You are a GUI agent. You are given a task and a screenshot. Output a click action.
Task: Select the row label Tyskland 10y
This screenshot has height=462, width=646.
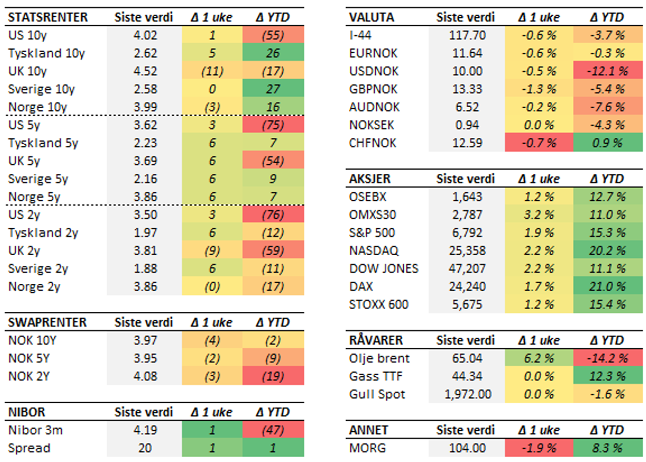click(x=46, y=54)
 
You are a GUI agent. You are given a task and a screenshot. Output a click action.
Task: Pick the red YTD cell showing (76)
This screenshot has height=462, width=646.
click(x=273, y=215)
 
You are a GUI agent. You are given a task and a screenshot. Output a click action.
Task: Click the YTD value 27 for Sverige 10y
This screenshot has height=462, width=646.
click(x=273, y=89)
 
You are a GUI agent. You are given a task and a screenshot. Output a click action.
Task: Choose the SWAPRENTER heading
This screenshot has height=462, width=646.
click(x=47, y=323)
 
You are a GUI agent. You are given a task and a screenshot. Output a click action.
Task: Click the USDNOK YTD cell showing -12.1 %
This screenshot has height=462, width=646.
click(x=606, y=72)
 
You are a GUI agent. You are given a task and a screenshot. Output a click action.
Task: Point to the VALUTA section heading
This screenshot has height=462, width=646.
click(x=371, y=17)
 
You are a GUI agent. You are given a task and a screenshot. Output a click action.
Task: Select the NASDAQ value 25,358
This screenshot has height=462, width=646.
click(x=466, y=251)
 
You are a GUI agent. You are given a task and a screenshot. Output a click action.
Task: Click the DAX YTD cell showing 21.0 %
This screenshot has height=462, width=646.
click(x=606, y=286)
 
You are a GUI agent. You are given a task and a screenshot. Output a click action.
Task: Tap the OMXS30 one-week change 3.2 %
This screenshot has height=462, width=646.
click(x=536, y=215)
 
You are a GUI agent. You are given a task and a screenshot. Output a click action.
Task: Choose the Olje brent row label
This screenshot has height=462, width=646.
click(x=380, y=359)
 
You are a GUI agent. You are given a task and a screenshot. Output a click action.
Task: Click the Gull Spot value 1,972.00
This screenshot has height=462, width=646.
click(x=466, y=394)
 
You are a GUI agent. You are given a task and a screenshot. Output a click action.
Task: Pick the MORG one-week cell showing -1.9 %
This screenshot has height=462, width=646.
click(x=536, y=448)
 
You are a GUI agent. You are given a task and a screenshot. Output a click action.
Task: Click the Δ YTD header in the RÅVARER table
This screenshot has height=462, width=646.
click(x=606, y=341)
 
